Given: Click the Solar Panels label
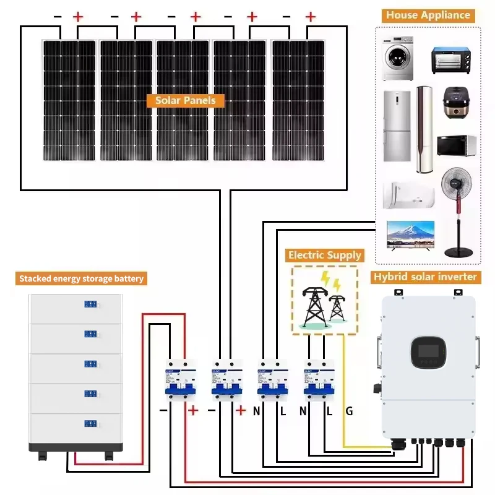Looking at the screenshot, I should coord(185,100).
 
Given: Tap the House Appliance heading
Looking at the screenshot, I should coord(428,15).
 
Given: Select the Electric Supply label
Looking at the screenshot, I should coord(324,255).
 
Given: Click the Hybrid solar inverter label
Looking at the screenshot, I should coord(425,277).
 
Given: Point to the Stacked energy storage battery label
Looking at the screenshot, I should coord(81,278).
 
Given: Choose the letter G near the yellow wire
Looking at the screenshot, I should coord(349,411).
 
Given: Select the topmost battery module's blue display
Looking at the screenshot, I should coord(90,304).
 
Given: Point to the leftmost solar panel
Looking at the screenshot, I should coord(69,99).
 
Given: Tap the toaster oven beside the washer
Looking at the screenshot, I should coord(451,60).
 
